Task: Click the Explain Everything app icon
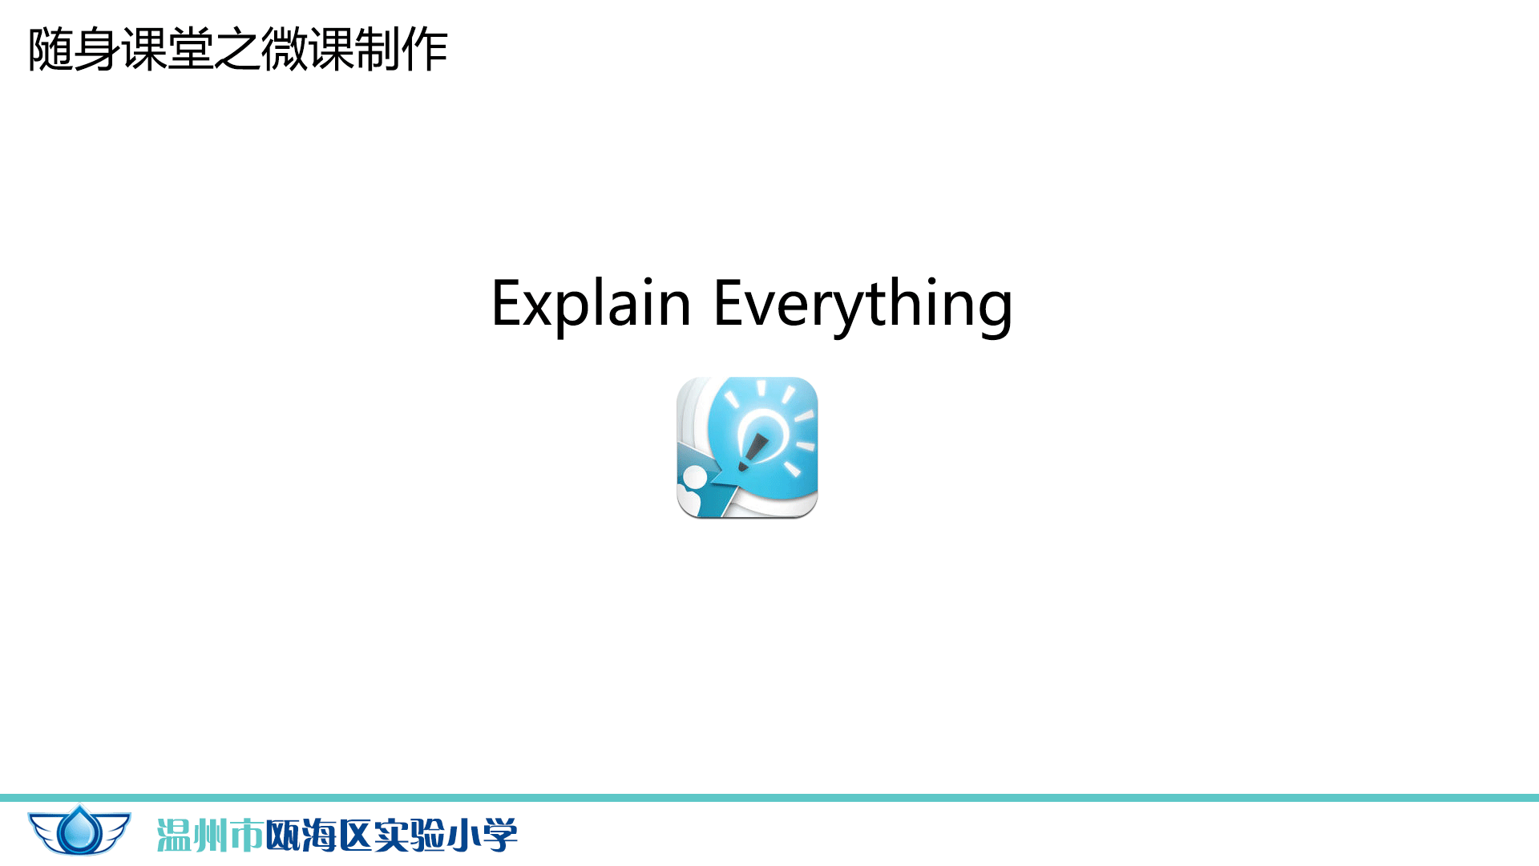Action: [x=747, y=447]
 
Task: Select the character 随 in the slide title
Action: [x=50, y=50]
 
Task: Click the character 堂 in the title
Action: [x=190, y=50]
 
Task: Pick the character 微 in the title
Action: [x=284, y=50]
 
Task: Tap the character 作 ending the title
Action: [x=425, y=50]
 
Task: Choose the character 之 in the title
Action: [x=237, y=50]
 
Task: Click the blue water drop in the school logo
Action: [x=80, y=830]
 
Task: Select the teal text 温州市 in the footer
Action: [x=210, y=836]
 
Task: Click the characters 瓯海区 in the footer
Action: [x=318, y=836]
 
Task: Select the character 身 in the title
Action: [x=97, y=50]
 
